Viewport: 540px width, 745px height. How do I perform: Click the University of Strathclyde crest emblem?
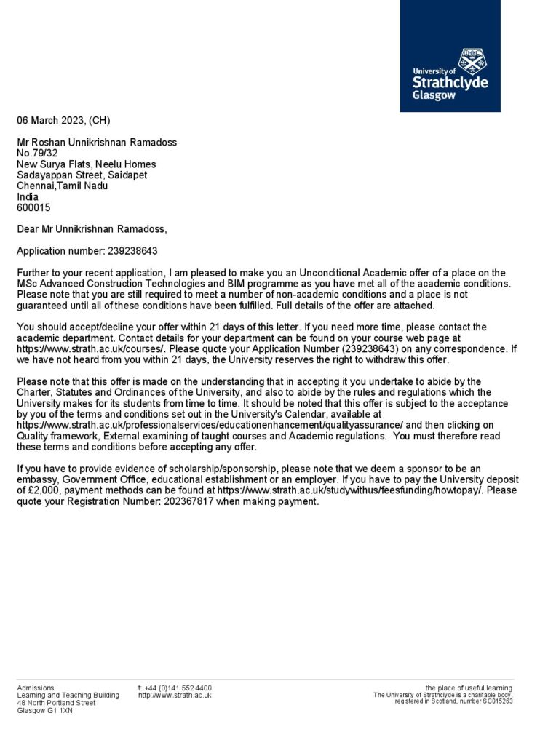click(472, 63)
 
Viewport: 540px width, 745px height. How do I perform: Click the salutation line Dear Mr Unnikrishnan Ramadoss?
click(92, 229)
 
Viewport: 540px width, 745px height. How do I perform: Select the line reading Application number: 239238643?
click(87, 251)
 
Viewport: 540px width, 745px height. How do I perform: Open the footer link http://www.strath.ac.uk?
click(175, 696)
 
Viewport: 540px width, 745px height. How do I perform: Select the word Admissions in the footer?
click(36, 688)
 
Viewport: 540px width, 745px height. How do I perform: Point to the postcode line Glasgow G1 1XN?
click(45, 711)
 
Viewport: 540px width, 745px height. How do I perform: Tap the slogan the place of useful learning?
click(469, 688)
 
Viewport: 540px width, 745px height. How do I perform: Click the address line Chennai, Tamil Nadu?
click(63, 186)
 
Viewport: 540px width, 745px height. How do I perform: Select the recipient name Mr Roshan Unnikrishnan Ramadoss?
click(97, 142)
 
